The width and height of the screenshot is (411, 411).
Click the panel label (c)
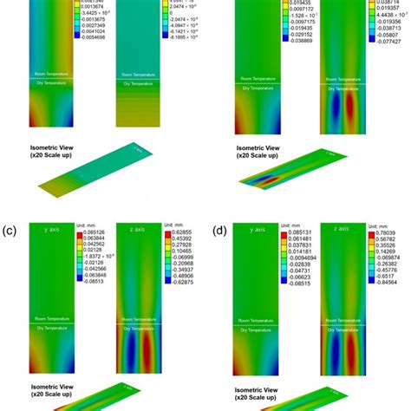pos(10,232)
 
